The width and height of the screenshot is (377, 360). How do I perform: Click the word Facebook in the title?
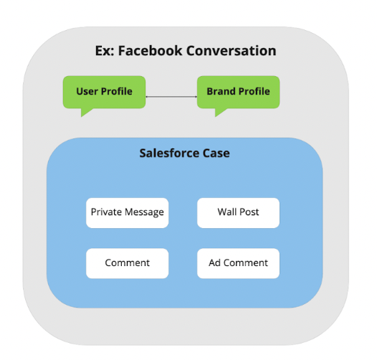(x=151, y=51)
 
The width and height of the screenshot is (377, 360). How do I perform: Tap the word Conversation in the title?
(x=231, y=51)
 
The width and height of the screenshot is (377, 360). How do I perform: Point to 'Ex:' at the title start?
(x=105, y=51)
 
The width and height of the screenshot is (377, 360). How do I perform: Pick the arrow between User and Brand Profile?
(x=171, y=97)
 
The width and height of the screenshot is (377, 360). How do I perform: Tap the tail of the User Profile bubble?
(x=85, y=113)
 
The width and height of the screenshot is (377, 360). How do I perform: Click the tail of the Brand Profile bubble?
(x=219, y=113)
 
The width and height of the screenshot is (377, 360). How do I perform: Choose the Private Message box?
(x=127, y=213)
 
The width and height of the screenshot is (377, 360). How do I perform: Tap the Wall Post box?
(x=238, y=213)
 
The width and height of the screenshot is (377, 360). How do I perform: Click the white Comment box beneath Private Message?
(x=127, y=263)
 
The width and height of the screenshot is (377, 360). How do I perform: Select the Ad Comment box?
(x=238, y=263)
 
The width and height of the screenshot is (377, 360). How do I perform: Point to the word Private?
(x=106, y=212)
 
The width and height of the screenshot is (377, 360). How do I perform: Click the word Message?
(x=144, y=212)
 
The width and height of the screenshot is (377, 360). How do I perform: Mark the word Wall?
(x=227, y=212)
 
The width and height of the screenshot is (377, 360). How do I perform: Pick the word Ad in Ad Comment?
(x=214, y=262)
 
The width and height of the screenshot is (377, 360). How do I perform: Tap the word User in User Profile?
(x=87, y=92)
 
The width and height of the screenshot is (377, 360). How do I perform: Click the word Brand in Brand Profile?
(x=221, y=92)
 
